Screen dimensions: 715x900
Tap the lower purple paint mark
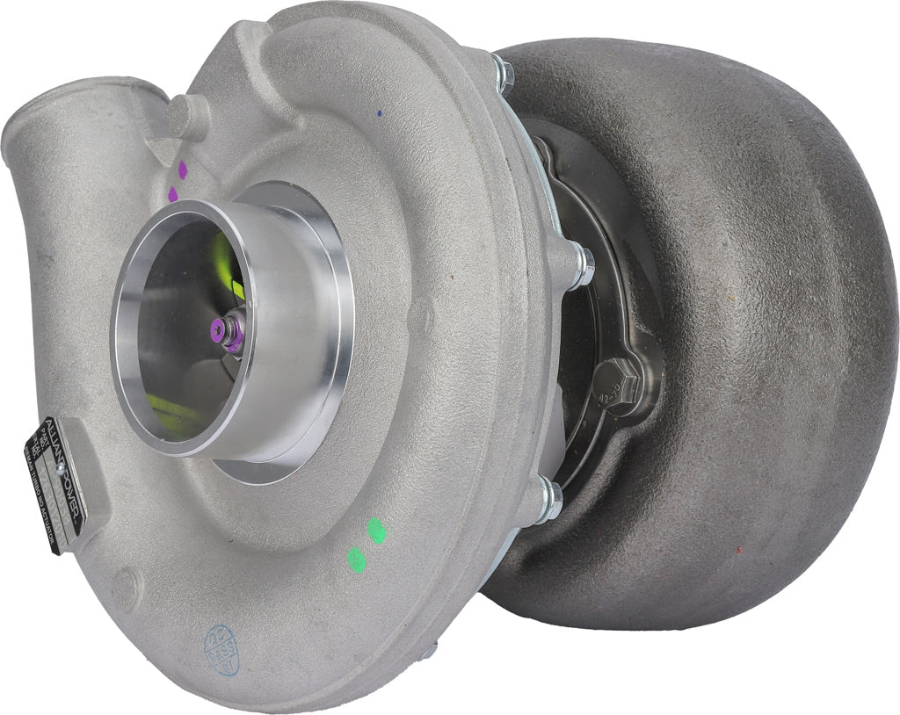point(172,192)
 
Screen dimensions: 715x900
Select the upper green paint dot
point(376,530)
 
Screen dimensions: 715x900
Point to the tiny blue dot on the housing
point(379,113)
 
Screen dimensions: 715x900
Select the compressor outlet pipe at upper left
point(53,141)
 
